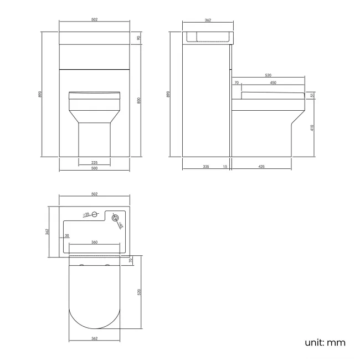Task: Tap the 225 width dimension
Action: click(x=94, y=162)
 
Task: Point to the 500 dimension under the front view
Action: click(x=94, y=168)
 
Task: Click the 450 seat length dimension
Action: click(x=273, y=83)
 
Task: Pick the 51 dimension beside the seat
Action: click(x=312, y=95)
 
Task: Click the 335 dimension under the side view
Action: click(x=205, y=166)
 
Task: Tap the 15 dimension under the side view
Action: click(x=225, y=166)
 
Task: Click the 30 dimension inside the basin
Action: click(x=67, y=236)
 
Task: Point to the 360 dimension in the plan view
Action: click(x=94, y=243)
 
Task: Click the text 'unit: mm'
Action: click(x=325, y=342)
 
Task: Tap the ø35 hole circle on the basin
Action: click(x=95, y=214)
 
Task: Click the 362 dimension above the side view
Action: click(x=208, y=20)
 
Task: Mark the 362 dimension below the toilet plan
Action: click(x=94, y=338)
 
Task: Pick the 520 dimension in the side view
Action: click(x=268, y=75)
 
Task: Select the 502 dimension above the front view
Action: click(x=94, y=20)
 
